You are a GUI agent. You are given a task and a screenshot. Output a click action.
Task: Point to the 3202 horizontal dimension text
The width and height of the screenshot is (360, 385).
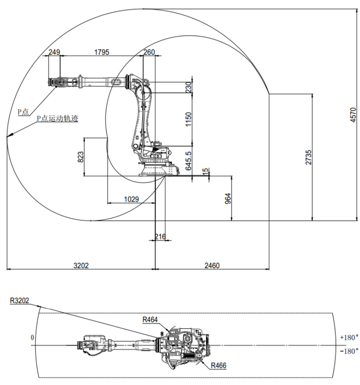81,265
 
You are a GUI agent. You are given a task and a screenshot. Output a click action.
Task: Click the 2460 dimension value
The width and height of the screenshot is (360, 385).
212,265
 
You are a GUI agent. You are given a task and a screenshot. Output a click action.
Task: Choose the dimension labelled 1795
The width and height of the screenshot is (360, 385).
101,52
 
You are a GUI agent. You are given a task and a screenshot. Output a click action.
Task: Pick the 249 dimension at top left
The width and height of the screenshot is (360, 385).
54,52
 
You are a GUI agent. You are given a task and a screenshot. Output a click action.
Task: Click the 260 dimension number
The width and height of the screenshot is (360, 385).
149,52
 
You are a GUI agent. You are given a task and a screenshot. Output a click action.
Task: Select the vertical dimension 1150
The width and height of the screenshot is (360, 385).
189,119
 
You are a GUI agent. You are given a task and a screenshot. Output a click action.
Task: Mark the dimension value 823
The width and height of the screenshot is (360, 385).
81,157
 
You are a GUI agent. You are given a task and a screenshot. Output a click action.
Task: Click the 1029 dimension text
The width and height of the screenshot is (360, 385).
131,199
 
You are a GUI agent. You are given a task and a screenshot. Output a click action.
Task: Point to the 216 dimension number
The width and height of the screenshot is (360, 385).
160,236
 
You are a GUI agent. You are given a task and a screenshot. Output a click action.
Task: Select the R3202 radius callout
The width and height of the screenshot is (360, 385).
19,301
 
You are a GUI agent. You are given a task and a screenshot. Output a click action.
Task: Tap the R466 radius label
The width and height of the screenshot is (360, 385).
218,366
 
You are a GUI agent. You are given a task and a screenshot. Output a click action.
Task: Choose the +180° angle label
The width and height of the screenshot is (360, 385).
349,337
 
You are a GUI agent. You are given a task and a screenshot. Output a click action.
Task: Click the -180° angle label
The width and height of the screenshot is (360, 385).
349,351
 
